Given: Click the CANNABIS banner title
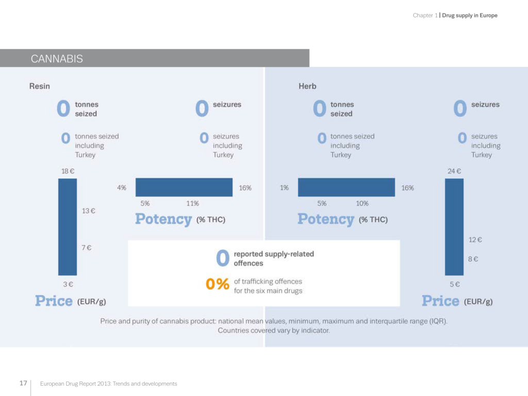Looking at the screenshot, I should click(x=57, y=59).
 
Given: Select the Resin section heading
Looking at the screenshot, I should click(x=39, y=86).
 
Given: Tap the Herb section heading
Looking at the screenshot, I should click(x=307, y=86).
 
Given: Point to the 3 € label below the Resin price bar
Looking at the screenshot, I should click(x=68, y=284).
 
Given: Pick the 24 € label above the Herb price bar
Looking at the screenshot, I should click(x=454, y=171).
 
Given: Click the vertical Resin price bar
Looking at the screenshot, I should click(x=68, y=227).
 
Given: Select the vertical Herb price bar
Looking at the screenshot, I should click(x=454, y=227).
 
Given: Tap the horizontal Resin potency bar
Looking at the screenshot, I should click(x=184, y=187).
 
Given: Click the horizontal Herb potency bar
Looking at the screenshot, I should click(x=346, y=187).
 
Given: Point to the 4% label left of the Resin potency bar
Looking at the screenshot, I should click(x=122, y=188).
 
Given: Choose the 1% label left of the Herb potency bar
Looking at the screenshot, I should click(x=284, y=188).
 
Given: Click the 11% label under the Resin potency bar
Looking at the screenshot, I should click(x=192, y=204).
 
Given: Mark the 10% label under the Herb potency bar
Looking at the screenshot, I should click(x=362, y=204).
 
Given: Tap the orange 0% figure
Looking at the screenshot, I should click(x=217, y=284).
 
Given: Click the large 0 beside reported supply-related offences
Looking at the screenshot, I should click(x=222, y=258).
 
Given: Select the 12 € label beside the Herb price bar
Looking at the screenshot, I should click(x=475, y=240).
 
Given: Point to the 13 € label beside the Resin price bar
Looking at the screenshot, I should click(x=89, y=211).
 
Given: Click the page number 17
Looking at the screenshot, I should click(x=23, y=383).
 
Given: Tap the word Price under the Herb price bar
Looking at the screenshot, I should click(x=440, y=301).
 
